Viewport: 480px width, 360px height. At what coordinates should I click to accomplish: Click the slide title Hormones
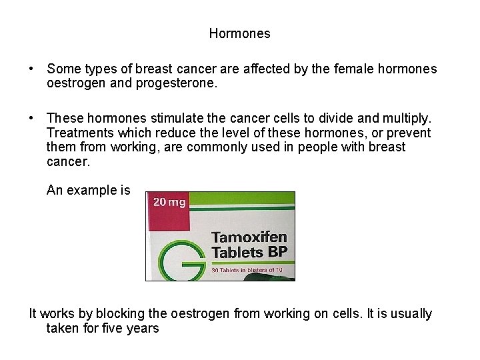pos(239,33)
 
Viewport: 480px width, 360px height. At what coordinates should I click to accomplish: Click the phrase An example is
pos(89,191)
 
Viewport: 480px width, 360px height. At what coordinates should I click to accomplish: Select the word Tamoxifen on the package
pos(249,237)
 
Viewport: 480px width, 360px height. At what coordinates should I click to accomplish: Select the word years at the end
pos(145,328)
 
